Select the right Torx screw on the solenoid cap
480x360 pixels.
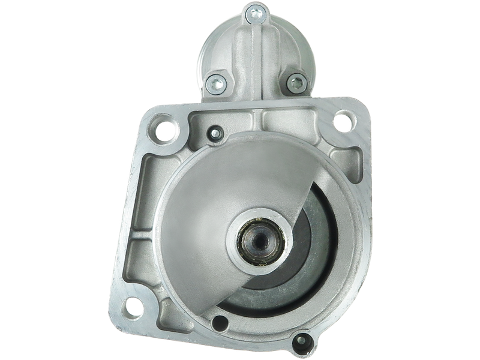[x=295, y=83]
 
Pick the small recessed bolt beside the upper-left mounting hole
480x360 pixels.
[x=212, y=131]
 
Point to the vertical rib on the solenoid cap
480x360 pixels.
[x=255, y=54]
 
